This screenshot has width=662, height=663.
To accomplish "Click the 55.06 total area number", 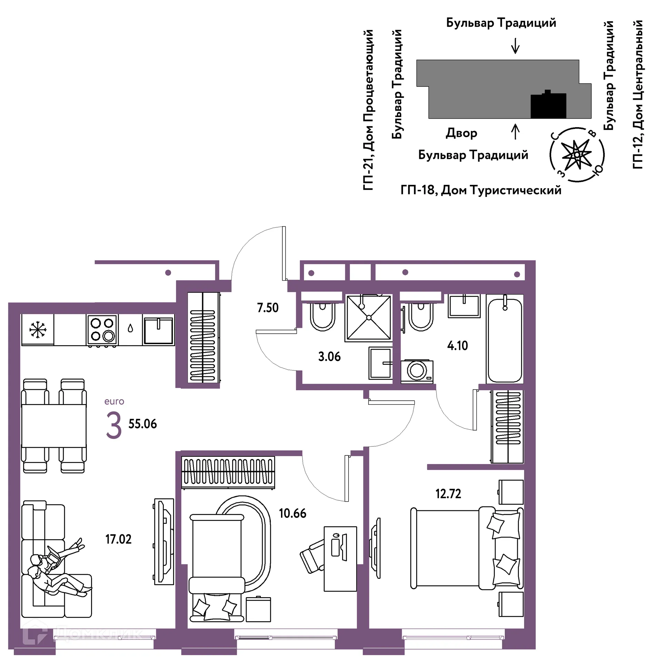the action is click(142, 424).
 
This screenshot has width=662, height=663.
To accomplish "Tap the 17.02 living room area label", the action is click(118, 539).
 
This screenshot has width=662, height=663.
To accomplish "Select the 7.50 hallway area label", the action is click(268, 308).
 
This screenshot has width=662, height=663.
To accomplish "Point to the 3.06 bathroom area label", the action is click(329, 356).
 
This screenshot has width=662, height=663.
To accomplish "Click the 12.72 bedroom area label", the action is click(448, 494).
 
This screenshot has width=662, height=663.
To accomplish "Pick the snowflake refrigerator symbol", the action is click(38, 330).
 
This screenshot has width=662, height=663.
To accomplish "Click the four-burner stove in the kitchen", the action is click(102, 330).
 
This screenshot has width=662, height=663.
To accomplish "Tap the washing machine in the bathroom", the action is click(417, 371).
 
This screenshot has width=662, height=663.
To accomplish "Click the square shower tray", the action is click(369, 317).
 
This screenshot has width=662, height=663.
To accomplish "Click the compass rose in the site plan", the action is click(577, 154).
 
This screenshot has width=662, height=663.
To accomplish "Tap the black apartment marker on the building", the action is click(548, 104).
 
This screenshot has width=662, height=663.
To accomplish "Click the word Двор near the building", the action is click(461, 133).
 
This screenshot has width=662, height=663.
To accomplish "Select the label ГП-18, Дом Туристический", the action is click(481, 190).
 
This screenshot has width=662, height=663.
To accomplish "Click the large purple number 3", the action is click(114, 425).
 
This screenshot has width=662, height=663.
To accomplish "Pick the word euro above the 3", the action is click(114, 401).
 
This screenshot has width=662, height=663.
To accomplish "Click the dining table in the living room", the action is click(54, 426).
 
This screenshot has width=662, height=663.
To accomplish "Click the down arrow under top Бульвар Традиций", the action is click(515, 46).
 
